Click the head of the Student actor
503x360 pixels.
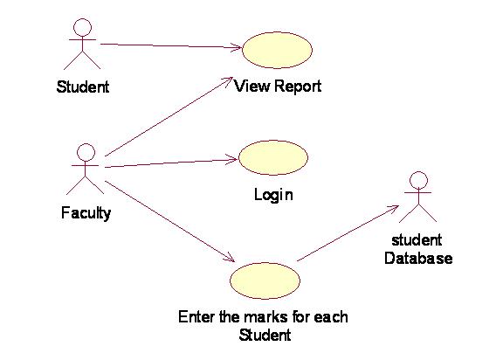tap(82, 27)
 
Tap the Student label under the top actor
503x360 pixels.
tap(83, 87)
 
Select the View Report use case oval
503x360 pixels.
tap(277, 50)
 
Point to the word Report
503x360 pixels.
tap(298, 87)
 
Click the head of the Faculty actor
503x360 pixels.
tap(86, 152)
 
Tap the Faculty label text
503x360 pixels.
tap(86, 213)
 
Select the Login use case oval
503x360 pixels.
tap(273, 157)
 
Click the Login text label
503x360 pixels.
tap(273, 195)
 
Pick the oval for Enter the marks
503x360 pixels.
tap(265, 280)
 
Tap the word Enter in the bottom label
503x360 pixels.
tap(197, 317)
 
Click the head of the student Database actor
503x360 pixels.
tap(418, 180)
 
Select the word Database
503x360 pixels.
tap(418, 259)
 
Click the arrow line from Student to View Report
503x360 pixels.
tap(171, 46)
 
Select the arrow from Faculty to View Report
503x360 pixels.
tap(169, 116)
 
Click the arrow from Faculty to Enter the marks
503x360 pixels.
tap(170, 221)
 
